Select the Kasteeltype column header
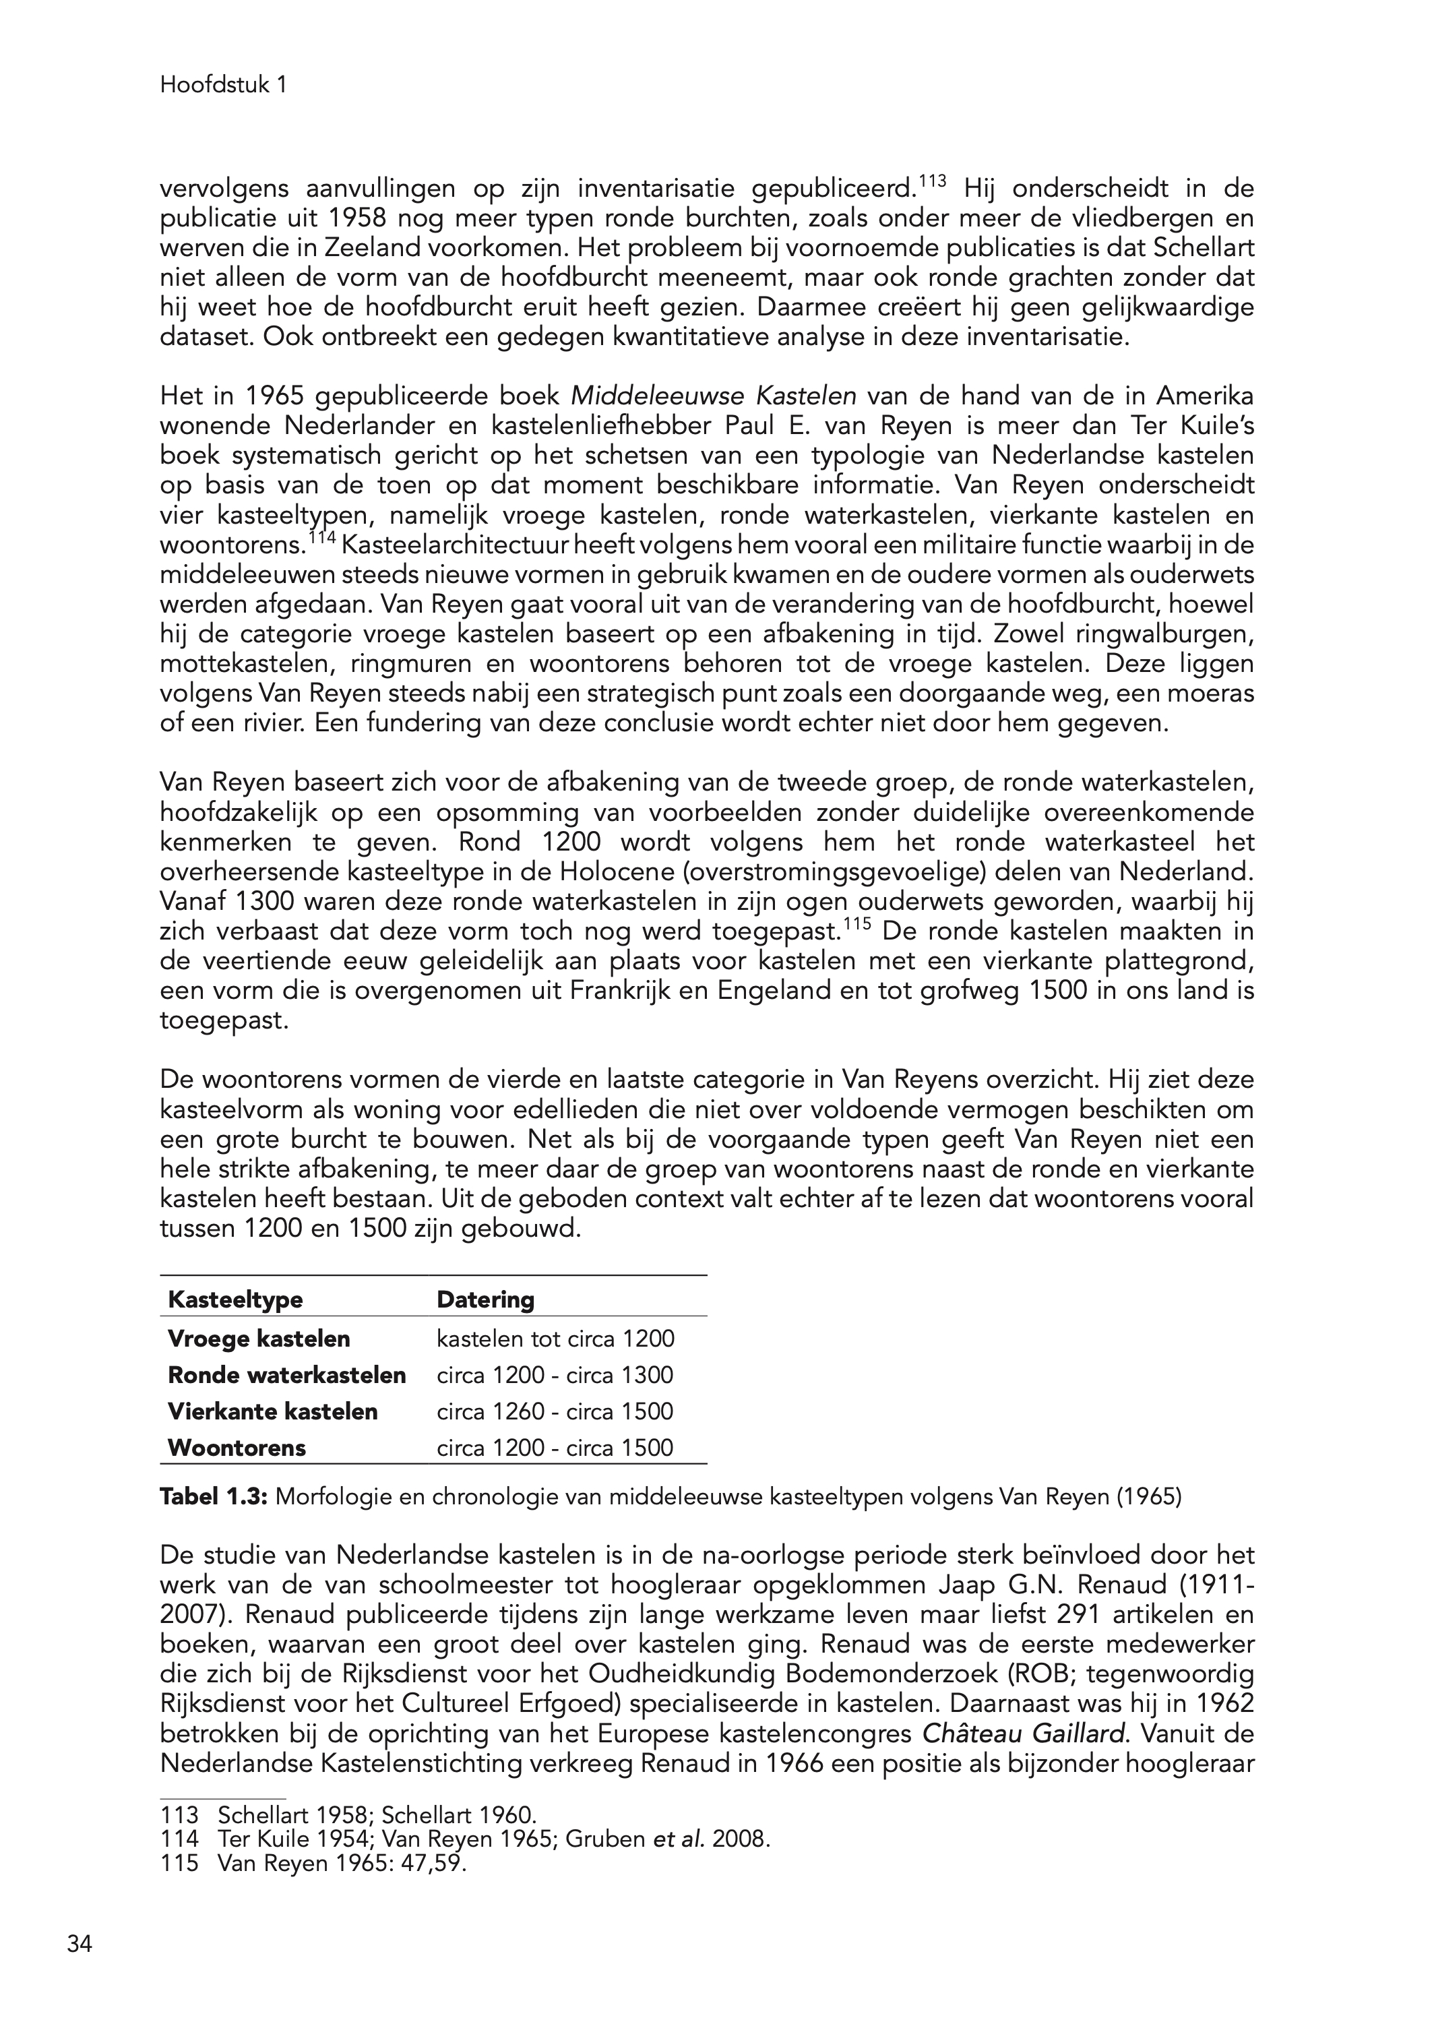pyautogui.click(x=235, y=1299)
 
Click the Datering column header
pyautogui.click(x=486, y=1299)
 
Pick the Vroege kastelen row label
pyautogui.click(x=258, y=1339)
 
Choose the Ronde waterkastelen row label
pyautogui.click(x=286, y=1375)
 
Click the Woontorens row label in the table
pyautogui.click(x=237, y=1447)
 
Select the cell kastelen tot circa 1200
pyautogui.click(x=555, y=1339)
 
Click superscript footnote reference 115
pyautogui.click(x=857, y=925)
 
